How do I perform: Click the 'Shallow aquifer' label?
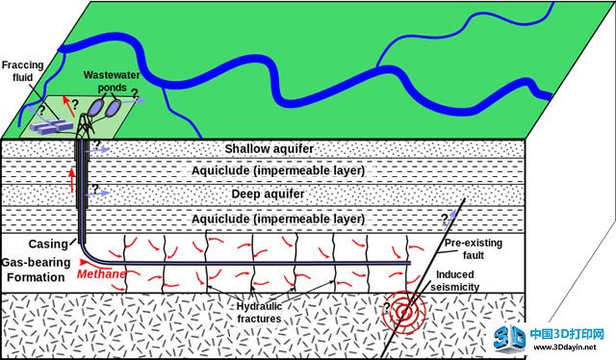pyautogui.click(x=269, y=149)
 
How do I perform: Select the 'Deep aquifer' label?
pyautogui.click(x=268, y=193)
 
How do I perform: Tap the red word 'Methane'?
pyautogui.click(x=101, y=273)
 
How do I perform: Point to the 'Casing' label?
pyautogui.click(x=48, y=244)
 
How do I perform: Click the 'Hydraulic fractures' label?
pyautogui.click(x=259, y=312)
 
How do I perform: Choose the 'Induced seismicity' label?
pyautogui.click(x=455, y=281)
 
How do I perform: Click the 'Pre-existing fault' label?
pyautogui.click(x=474, y=248)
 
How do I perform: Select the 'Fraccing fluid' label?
pyautogui.click(x=22, y=71)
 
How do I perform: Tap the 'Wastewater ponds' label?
pyautogui.click(x=112, y=81)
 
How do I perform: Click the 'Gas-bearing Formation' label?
pyautogui.click(x=37, y=270)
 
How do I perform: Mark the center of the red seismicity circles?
pyautogui.click(x=403, y=313)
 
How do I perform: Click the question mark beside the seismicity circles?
pyautogui.click(x=387, y=308)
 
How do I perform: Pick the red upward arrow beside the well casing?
pyautogui.click(x=72, y=180)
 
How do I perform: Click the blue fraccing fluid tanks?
pyautogui.click(x=52, y=126)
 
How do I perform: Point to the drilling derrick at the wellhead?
pyautogui.click(x=87, y=125)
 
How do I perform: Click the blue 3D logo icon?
pyautogui.click(x=510, y=338)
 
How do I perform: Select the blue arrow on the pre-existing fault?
pyautogui.click(x=451, y=218)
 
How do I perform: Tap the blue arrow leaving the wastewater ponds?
pyautogui.click(x=134, y=101)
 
